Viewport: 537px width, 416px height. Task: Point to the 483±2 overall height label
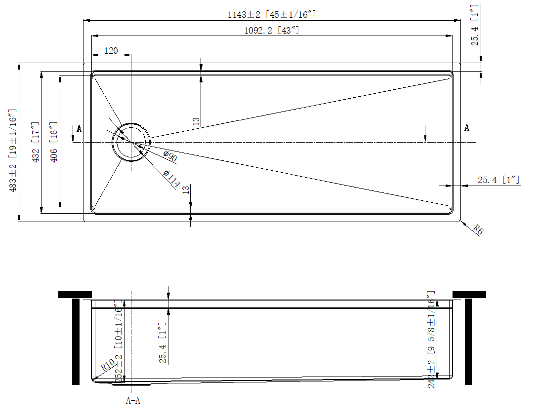pos(13,151)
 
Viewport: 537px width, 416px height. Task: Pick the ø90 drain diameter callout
pos(169,157)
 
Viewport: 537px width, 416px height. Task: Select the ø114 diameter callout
pos(171,178)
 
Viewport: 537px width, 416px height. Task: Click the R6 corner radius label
pos(477,229)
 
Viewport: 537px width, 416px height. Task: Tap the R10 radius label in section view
pos(108,366)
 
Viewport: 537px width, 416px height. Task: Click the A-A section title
pos(133,401)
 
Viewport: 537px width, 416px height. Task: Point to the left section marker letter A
pos(79,129)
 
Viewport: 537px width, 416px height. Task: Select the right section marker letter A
pos(466,128)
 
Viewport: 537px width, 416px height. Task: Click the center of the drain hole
pos(131,142)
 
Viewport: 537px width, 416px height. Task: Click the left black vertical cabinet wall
pos(76,341)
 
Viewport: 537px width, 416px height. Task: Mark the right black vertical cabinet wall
pos(468,341)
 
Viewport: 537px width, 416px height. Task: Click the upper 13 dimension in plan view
pos(196,121)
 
